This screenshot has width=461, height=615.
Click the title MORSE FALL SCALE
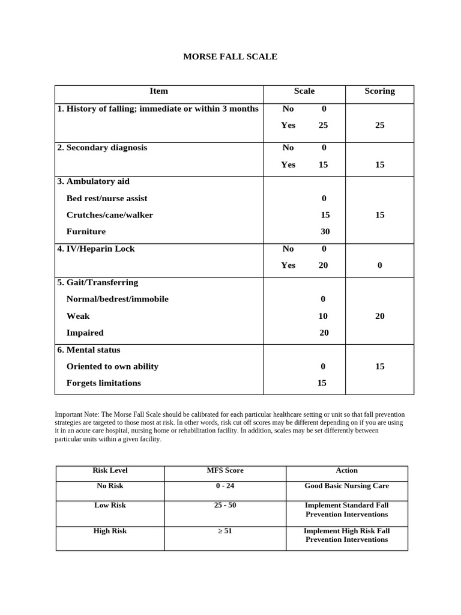(230, 56)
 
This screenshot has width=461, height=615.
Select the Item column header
(158, 91)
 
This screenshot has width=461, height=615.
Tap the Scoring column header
(379, 91)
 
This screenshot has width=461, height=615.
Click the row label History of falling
(158, 109)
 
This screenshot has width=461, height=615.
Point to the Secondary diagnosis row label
(102, 148)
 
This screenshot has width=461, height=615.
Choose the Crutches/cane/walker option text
(110, 215)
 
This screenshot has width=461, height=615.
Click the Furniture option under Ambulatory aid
(86, 232)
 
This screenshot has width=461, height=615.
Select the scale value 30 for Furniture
(325, 232)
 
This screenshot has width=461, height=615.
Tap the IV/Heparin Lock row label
(96, 249)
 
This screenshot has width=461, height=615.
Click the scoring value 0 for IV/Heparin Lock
(379, 265)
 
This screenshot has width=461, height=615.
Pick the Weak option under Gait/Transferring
(78, 316)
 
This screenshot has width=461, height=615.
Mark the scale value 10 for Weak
(323, 316)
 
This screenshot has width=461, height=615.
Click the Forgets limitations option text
(104, 383)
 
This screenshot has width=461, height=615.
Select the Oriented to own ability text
(112, 366)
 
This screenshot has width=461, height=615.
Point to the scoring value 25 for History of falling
(379, 126)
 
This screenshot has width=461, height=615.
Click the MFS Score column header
(225, 470)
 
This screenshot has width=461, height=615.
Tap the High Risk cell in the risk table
(110, 531)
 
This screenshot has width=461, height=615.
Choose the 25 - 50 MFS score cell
(225, 505)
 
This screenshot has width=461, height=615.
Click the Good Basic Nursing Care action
(346, 486)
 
